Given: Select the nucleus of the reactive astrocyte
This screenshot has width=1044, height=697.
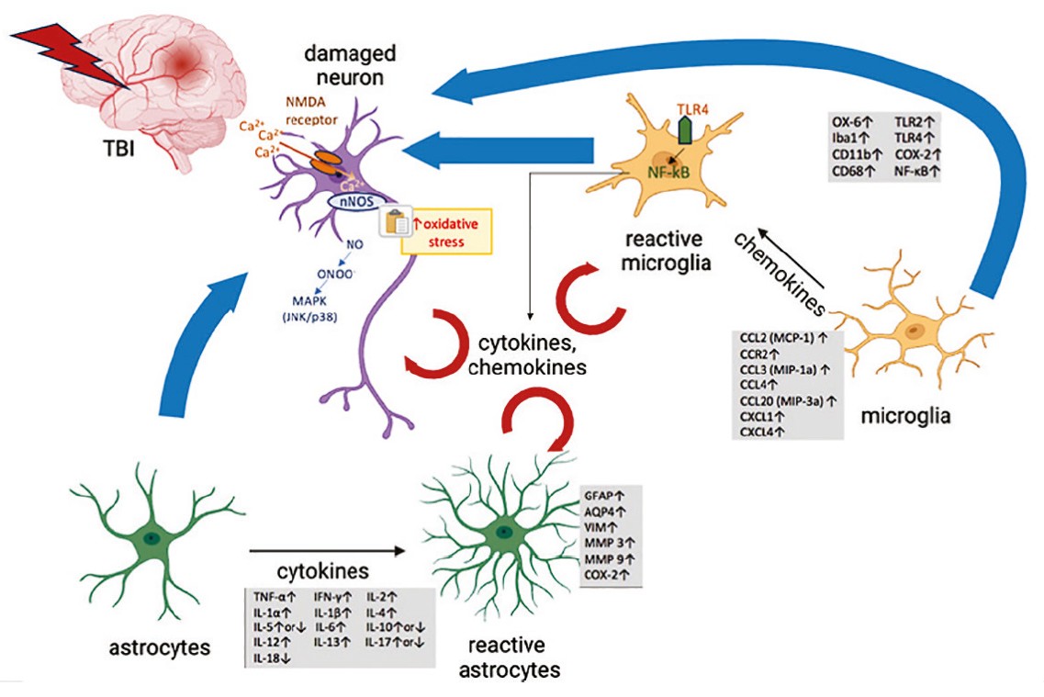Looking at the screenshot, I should [x=503, y=532].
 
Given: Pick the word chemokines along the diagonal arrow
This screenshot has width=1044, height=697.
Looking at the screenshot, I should [x=780, y=267].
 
